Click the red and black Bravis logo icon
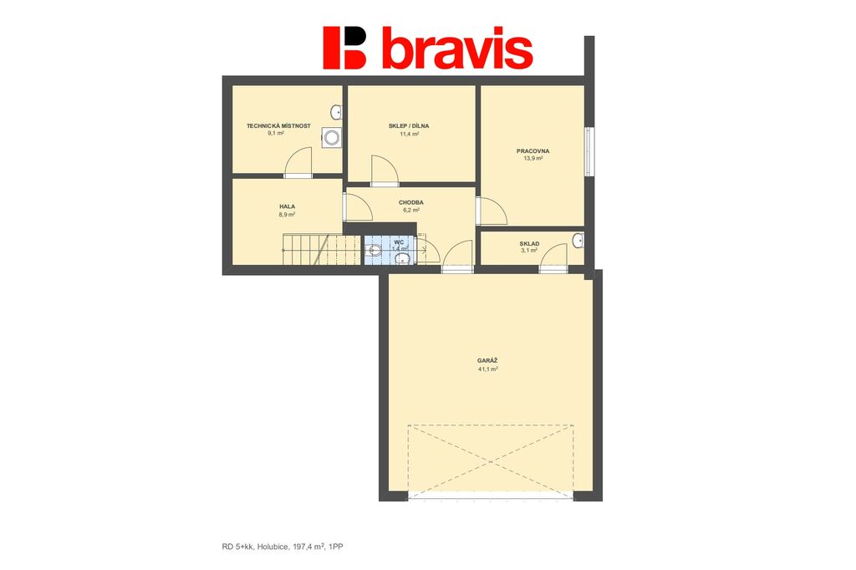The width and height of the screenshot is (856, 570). [x=344, y=48]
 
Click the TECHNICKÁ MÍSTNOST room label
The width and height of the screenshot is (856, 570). [x=278, y=125]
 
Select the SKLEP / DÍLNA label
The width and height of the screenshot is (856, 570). [x=409, y=125]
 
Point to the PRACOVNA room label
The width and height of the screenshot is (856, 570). [x=532, y=151]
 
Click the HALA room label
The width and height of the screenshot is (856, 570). [x=288, y=207]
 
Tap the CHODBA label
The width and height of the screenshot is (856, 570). [x=411, y=202]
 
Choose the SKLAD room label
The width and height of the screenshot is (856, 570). [x=529, y=244]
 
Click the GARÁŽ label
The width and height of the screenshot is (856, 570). [x=487, y=361]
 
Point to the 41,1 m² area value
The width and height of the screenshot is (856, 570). [x=487, y=369]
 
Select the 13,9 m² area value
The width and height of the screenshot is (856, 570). [x=532, y=159]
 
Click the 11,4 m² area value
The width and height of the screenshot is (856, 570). [x=409, y=133]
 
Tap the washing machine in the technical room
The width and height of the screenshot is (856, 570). [x=331, y=137]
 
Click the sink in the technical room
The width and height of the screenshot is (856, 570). [x=336, y=113]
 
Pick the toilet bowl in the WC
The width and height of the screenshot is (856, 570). [x=374, y=251]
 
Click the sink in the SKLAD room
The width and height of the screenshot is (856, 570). [x=578, y=240]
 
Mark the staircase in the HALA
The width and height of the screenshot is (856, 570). [x=321, y=250]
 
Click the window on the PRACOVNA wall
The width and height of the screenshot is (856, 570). [x=589, y=151]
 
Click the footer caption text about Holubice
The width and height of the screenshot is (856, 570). [x=283, y=546]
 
